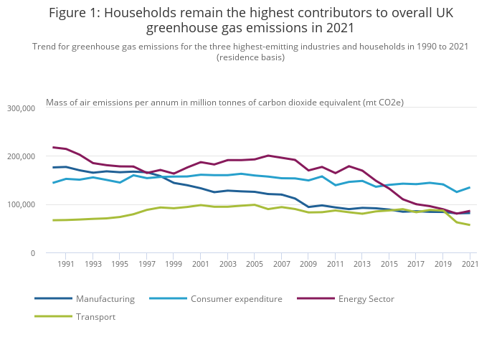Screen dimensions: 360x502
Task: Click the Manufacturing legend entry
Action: pyautogui.click(x=105, y=299)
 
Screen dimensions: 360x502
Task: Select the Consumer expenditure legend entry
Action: pyautogui.click(x=236, y=299)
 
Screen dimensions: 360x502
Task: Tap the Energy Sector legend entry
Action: pyautogui.click(x=366, y=299)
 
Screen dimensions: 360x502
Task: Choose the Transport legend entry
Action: pyautogui.click(x=95, y=317)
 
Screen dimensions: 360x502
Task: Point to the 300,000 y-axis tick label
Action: pyautogui.click(x=21, y=108)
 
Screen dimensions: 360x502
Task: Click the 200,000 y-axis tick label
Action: pyautogui.click(x=21, y=156)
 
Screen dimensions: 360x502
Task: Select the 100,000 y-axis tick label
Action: pyautogui.click(x=21, y=205)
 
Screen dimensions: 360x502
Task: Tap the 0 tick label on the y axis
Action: pyautogui.click(x=32, y=253)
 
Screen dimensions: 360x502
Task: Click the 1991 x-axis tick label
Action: pyautogui.click(x=66, y=265)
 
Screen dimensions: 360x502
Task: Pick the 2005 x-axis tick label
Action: pyautogui.click(x=255, y=265)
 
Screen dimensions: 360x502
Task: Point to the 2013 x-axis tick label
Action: pyautogui.click(x=362, y=265)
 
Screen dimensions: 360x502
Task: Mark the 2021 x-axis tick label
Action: pyautogui.click(x=469, y=265)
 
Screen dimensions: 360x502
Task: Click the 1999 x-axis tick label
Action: pyautogui.click(x=174, y=265)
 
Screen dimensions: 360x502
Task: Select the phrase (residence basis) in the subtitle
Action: pyautogui.click(x=250, y=57)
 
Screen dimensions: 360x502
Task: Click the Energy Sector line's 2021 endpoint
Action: pyautogui.click(x=470, y=211)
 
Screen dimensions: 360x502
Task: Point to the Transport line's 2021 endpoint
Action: pyautogui.click(x=470, y=225)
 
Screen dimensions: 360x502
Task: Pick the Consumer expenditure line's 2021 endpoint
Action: pyautogui.click(x=470, y=187)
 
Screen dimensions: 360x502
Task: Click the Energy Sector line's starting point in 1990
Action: pyautogui.click(x=53, y=147)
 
